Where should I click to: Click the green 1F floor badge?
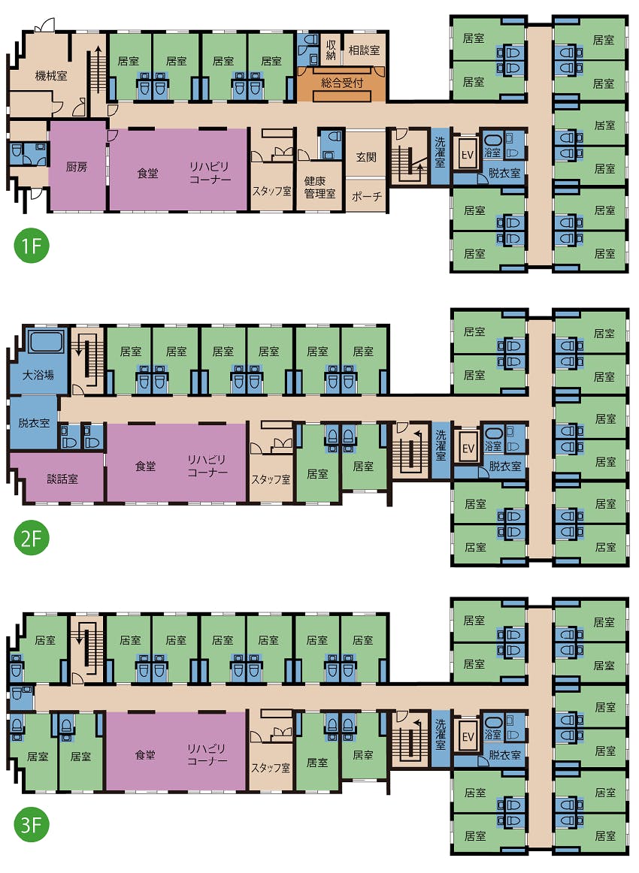click(32, 246)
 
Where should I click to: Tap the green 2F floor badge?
click(32, 538)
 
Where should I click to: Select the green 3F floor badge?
click(32, 825)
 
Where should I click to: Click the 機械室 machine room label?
click(51, 76)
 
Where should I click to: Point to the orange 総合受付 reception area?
click(341, 83)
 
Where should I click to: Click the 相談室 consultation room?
click(365, 50)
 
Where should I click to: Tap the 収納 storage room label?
click(331, 50)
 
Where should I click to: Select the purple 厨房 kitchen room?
click(77, 166)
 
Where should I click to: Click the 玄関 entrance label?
click(366, 157)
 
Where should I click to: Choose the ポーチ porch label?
click(367, 197)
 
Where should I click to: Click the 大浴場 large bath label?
click(38, 375)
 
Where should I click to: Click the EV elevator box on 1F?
click(468, 154)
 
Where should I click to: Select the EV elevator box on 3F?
click(468, 736)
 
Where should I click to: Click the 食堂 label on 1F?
click(147, 174)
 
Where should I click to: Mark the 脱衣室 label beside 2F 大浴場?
click(34, 422)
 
